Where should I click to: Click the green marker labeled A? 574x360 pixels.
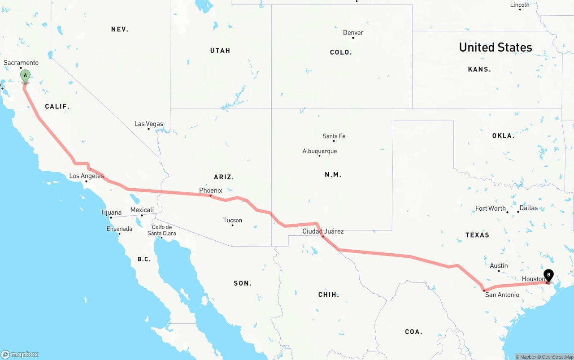[x=26, y=75]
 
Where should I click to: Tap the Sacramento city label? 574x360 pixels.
[x=21, y=63]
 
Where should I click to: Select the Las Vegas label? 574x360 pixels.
[x=149, y=124]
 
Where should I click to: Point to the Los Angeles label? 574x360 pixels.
[x=87, y=176]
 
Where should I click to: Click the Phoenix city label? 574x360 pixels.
[x=211, y=191]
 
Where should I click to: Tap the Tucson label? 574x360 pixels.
[x=233, y=220]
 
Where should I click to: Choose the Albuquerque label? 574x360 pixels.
[x=320, y=151]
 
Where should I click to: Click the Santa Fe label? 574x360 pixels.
[x=334, y=136]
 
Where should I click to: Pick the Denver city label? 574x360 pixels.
[x=353, y=32]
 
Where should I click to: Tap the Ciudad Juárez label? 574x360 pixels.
[x=323, y=231]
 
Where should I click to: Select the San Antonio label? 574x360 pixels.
[x=502, y=295]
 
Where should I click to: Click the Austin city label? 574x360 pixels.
[x=499, y=266]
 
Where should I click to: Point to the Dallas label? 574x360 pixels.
[x=529, y=208]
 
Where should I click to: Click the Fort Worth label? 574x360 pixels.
[x=491, y=208]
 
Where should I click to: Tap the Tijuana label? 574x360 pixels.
[x=111, y=213]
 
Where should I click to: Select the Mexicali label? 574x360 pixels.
[x=142, y=210]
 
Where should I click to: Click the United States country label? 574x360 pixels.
[x=496, y=47]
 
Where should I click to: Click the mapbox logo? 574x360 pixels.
[x=20, y=354]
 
